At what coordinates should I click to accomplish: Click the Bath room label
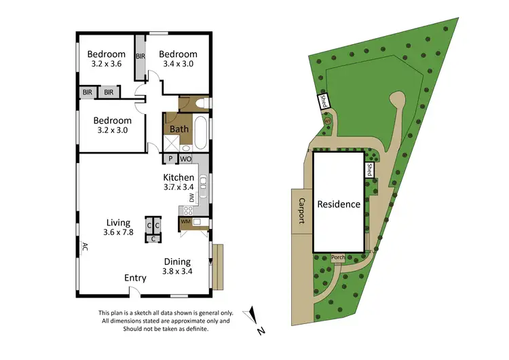coord(179,128)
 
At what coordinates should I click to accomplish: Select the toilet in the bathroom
coord(198,104)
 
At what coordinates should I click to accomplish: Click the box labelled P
coord(170,159)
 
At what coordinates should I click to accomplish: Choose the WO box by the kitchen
coord(186,159)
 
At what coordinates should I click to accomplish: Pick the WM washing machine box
coord(185,221)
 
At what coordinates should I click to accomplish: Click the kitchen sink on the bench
coord(204,182)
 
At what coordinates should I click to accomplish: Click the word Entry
coord(135,278)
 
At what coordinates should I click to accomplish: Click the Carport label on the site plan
coord(301,211)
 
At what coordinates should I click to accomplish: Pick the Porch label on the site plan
coord(338,257)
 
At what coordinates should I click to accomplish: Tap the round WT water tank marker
coord(327,122)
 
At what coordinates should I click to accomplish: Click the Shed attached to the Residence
coord(369,170)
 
